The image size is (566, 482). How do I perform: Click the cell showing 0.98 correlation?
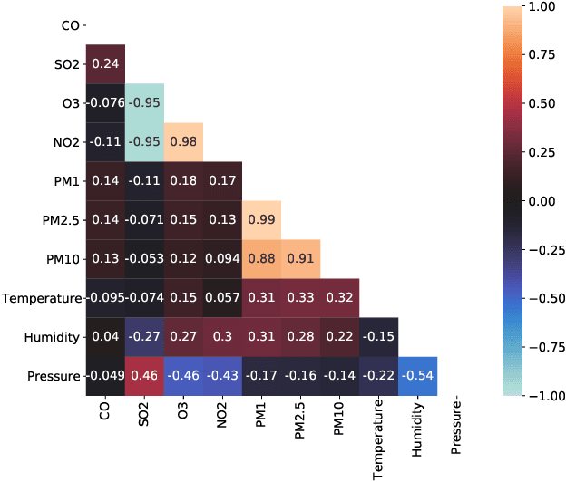click(x=183, y=141)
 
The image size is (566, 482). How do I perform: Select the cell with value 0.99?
click(x=261, y=219)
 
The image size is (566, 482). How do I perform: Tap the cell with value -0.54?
click(x=417, y=375)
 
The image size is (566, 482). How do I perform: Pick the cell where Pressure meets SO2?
click(x=144, y=375)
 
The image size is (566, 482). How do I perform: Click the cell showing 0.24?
click(x=105, y=63)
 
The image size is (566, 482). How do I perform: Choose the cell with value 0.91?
click(x=300, y=258)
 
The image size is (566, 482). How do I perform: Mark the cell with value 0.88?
click(x=261, y=258)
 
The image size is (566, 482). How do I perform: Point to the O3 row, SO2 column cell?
click(x=144, y=102)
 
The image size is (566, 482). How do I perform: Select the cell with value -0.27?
click(x=144, y=336)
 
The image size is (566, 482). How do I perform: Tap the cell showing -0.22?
click(x=378, y=375)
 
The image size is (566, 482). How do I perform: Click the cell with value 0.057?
click(x=222, y=297)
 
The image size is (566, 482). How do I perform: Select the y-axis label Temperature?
click(x=42, y=297)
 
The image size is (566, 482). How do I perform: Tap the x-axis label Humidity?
click(x=417, y=431)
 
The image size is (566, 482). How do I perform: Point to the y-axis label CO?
click(x=71, y=24)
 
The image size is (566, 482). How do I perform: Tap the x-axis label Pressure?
click(x=456, y=429)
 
